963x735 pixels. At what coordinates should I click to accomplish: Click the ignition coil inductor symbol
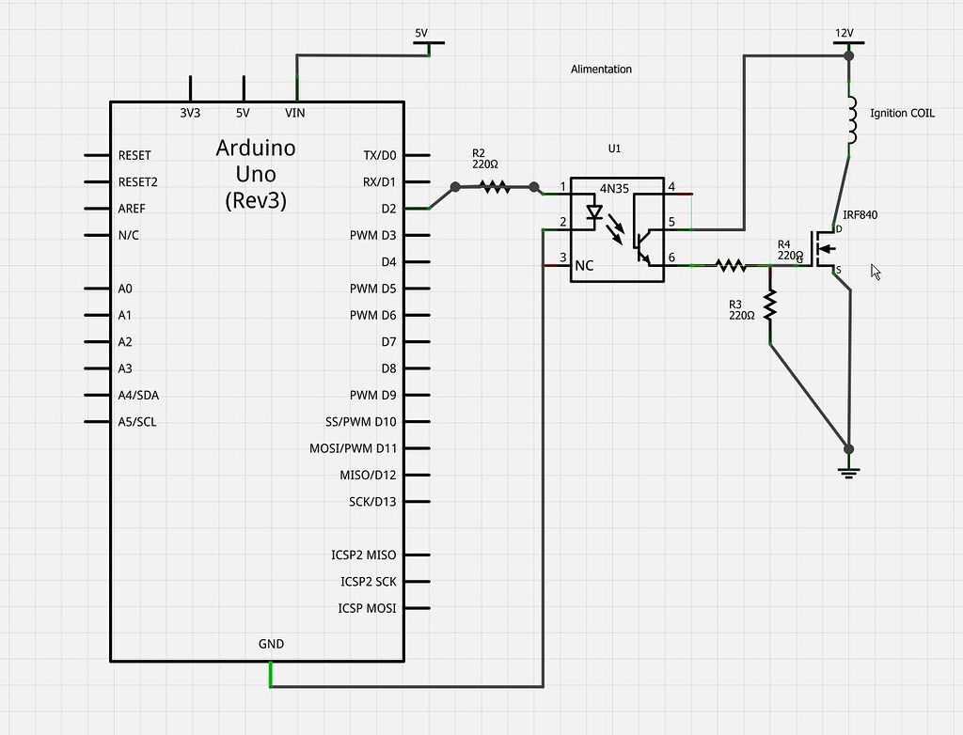click(x=851, y=119)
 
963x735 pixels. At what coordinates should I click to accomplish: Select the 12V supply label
click(x=845, y=33)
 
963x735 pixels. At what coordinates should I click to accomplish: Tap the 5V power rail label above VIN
click(x=421, y=33)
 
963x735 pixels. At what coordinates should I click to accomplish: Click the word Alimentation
click(x=601, y=70)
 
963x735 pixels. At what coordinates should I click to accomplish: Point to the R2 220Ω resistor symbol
click(x=496, y=187)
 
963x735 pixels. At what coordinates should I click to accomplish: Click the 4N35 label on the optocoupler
click(x=615, y=188)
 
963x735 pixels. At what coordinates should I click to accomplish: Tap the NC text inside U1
click(x=584, y=266)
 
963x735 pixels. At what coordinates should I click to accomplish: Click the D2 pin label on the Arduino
click(x=388, y=209)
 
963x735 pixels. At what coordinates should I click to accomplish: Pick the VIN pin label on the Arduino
click(x=295, y=113)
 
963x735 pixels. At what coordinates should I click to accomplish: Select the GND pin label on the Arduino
click(x=271, y=644)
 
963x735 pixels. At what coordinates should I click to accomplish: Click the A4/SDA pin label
click(x=138, y=395)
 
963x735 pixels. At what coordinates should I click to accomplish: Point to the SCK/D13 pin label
click(x=372, y=502)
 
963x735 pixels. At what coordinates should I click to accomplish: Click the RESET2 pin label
click(x=138, y=181)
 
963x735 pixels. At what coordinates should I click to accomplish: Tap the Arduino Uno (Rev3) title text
click(x=256, y=174)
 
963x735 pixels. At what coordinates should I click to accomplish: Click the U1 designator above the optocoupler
click(x=615, y=149)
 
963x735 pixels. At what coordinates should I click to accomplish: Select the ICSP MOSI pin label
click(x=367, y=608)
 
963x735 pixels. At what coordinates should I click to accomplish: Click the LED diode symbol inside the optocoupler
click(x=593, y=212)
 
